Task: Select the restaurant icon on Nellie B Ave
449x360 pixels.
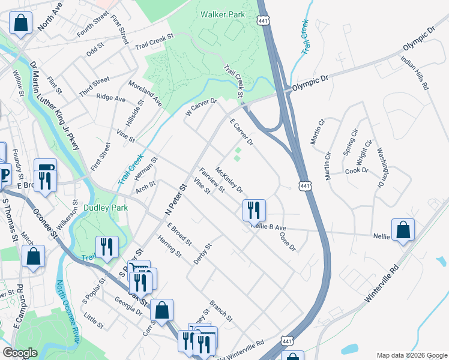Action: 254,209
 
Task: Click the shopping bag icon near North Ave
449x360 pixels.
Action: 20,24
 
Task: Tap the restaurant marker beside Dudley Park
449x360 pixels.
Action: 107,248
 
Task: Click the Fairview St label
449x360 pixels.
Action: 212,179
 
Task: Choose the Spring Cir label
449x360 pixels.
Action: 350,142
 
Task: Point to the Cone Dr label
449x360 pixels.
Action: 288,241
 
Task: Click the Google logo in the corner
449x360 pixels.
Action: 20,353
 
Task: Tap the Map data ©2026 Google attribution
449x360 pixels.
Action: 411,355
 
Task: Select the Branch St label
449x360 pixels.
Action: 221,309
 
